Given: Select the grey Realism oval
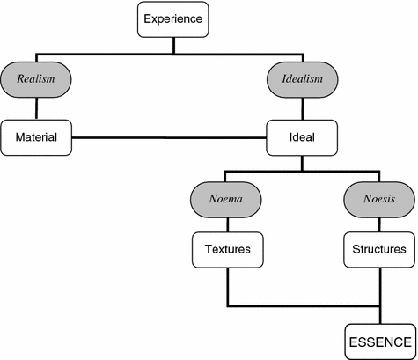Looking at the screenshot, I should click(36, 79).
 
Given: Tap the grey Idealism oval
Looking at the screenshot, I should click(303, 79).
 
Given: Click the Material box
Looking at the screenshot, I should click(36, 136).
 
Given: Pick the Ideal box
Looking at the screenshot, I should click(303, 136).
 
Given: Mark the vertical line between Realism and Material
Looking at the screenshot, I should click(36, 108).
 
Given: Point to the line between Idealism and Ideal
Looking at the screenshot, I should click(303, 108).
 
